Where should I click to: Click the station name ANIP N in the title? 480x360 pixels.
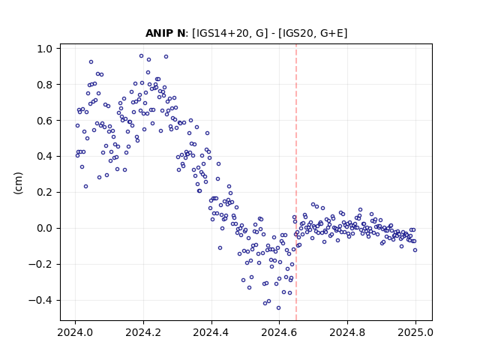coord(165,33)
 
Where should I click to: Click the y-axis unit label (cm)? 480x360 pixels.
coord(18,183)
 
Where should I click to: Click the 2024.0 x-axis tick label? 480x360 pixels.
coord(75,332)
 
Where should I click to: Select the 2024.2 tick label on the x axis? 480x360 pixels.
coord(143,332)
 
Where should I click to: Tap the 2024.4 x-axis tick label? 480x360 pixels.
coord(211,332)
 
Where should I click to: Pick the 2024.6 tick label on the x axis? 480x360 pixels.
coord(279,332)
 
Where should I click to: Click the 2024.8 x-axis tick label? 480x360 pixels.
coord(347,332)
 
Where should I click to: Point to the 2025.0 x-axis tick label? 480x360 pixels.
coord(415,332)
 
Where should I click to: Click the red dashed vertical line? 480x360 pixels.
coord(296,182)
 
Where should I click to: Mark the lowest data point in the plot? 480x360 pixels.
coord(278,308)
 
